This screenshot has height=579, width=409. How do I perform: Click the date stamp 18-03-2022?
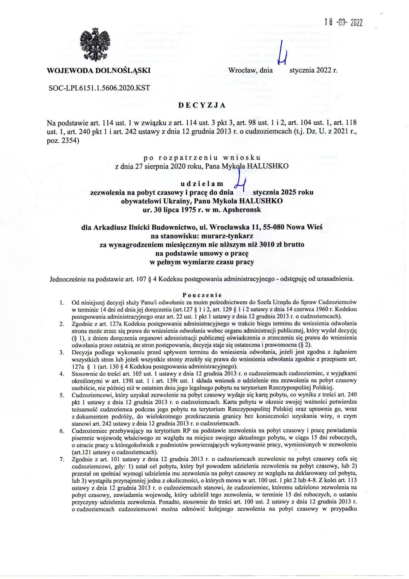(343, 23)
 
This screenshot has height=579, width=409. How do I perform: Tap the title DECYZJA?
(202, 106)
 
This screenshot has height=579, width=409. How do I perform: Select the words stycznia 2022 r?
(313, 70)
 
